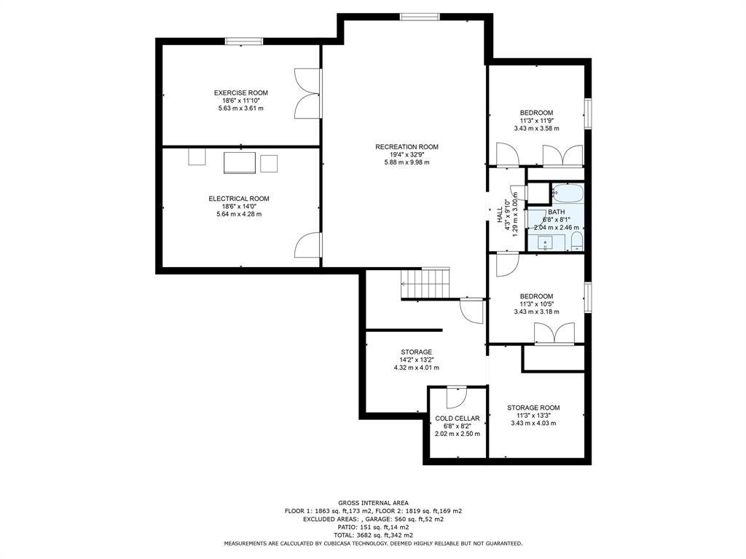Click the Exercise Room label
[x=240, y=92]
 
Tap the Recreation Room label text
[x=407, y=147]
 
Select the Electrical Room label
[x=239, y=199]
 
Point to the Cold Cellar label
[x=458, y=419]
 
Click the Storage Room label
[x=533, y=408]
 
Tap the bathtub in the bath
[x=568, y=193]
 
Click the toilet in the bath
[x=577, y=242]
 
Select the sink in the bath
[x=545, y=242]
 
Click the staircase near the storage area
[x=425, y=283]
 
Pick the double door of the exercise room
[x=307, y=94]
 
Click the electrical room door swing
[x=307, y=245]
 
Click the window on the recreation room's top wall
[x=419, y=17]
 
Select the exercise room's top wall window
[x=244, y=41]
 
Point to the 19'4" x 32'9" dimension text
[x=407, y=154]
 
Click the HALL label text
[x=500, y=214]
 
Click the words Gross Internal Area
[x=373, y=502]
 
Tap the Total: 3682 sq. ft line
[x=373, y=535]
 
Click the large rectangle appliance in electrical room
[x=239, y=162]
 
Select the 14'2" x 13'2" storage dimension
[x=416, y=360]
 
